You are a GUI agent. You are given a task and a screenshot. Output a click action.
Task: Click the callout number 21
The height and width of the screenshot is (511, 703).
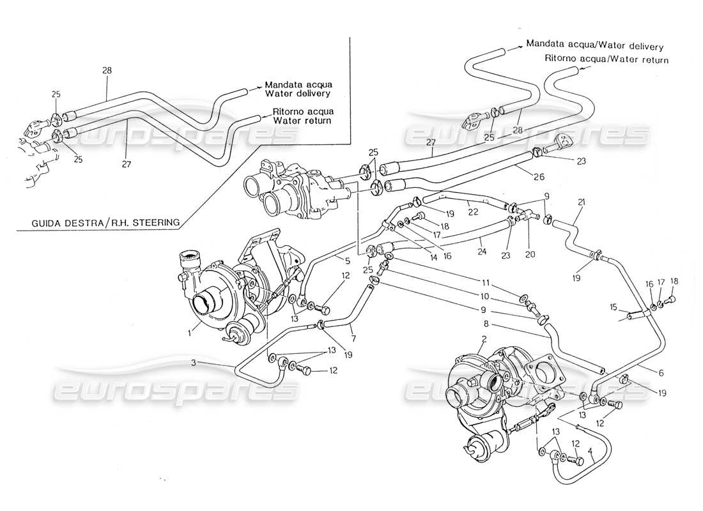coord(581,203)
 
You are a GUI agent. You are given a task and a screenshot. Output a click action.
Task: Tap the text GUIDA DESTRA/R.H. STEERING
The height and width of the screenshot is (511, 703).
coord(105,223)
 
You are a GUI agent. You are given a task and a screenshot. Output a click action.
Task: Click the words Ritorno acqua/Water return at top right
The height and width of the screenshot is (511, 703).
coord(606,59)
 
